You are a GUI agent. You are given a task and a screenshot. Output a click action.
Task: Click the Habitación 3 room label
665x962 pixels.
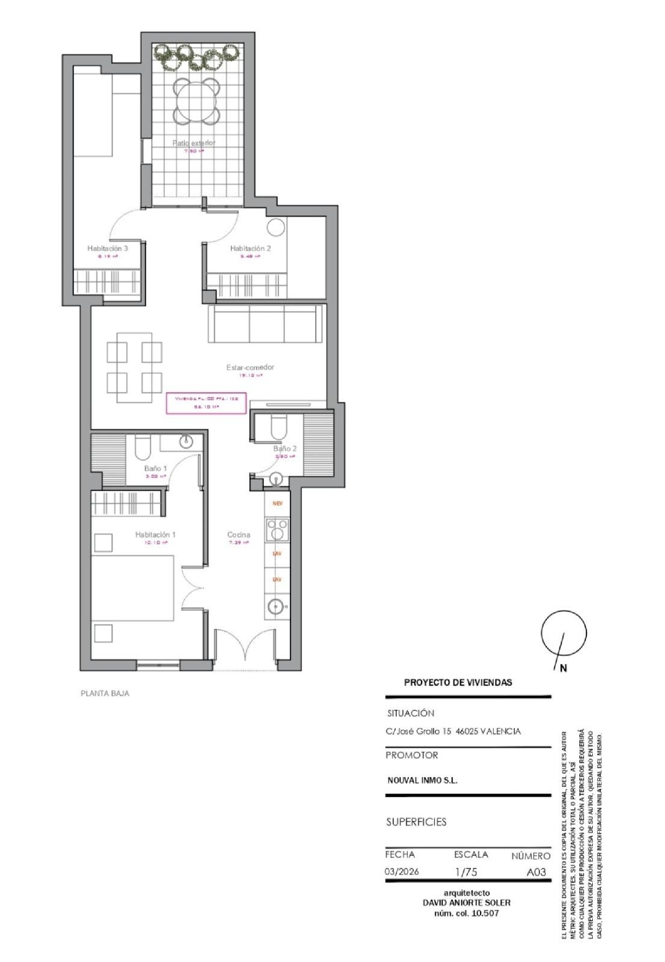[x=107, y=248]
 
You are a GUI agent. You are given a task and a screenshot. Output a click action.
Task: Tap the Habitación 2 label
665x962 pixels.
[x=250, y=248]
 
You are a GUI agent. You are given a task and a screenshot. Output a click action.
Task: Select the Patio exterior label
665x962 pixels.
[x=194, y=143]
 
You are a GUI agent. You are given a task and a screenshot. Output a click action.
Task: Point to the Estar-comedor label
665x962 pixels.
[x=250, y=367]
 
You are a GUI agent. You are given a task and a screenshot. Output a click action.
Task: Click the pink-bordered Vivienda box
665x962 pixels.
[x=206, y=403]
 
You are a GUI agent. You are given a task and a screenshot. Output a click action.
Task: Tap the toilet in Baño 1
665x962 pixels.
[x=143, y=447]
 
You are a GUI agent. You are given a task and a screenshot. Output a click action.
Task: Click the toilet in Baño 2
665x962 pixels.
[x=279, y=426]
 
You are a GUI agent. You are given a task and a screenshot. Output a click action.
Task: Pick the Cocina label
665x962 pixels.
[x=239, y=535]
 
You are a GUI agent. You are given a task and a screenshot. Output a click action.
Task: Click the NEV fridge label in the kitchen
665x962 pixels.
[x=278, y=504]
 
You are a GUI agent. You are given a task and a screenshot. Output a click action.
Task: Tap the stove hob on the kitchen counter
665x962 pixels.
[x=277, y=530]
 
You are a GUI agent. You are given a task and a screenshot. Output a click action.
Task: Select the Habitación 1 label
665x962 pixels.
[x=155, y=535]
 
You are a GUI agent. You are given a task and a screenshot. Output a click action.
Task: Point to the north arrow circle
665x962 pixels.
[x=563, y=633]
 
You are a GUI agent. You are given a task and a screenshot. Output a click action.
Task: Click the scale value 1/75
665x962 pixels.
[x=466, y=872]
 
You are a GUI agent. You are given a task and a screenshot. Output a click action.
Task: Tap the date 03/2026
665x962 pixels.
[x=402, y=871]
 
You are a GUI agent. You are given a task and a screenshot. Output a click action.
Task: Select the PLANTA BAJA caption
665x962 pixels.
[x=105, y=694]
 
